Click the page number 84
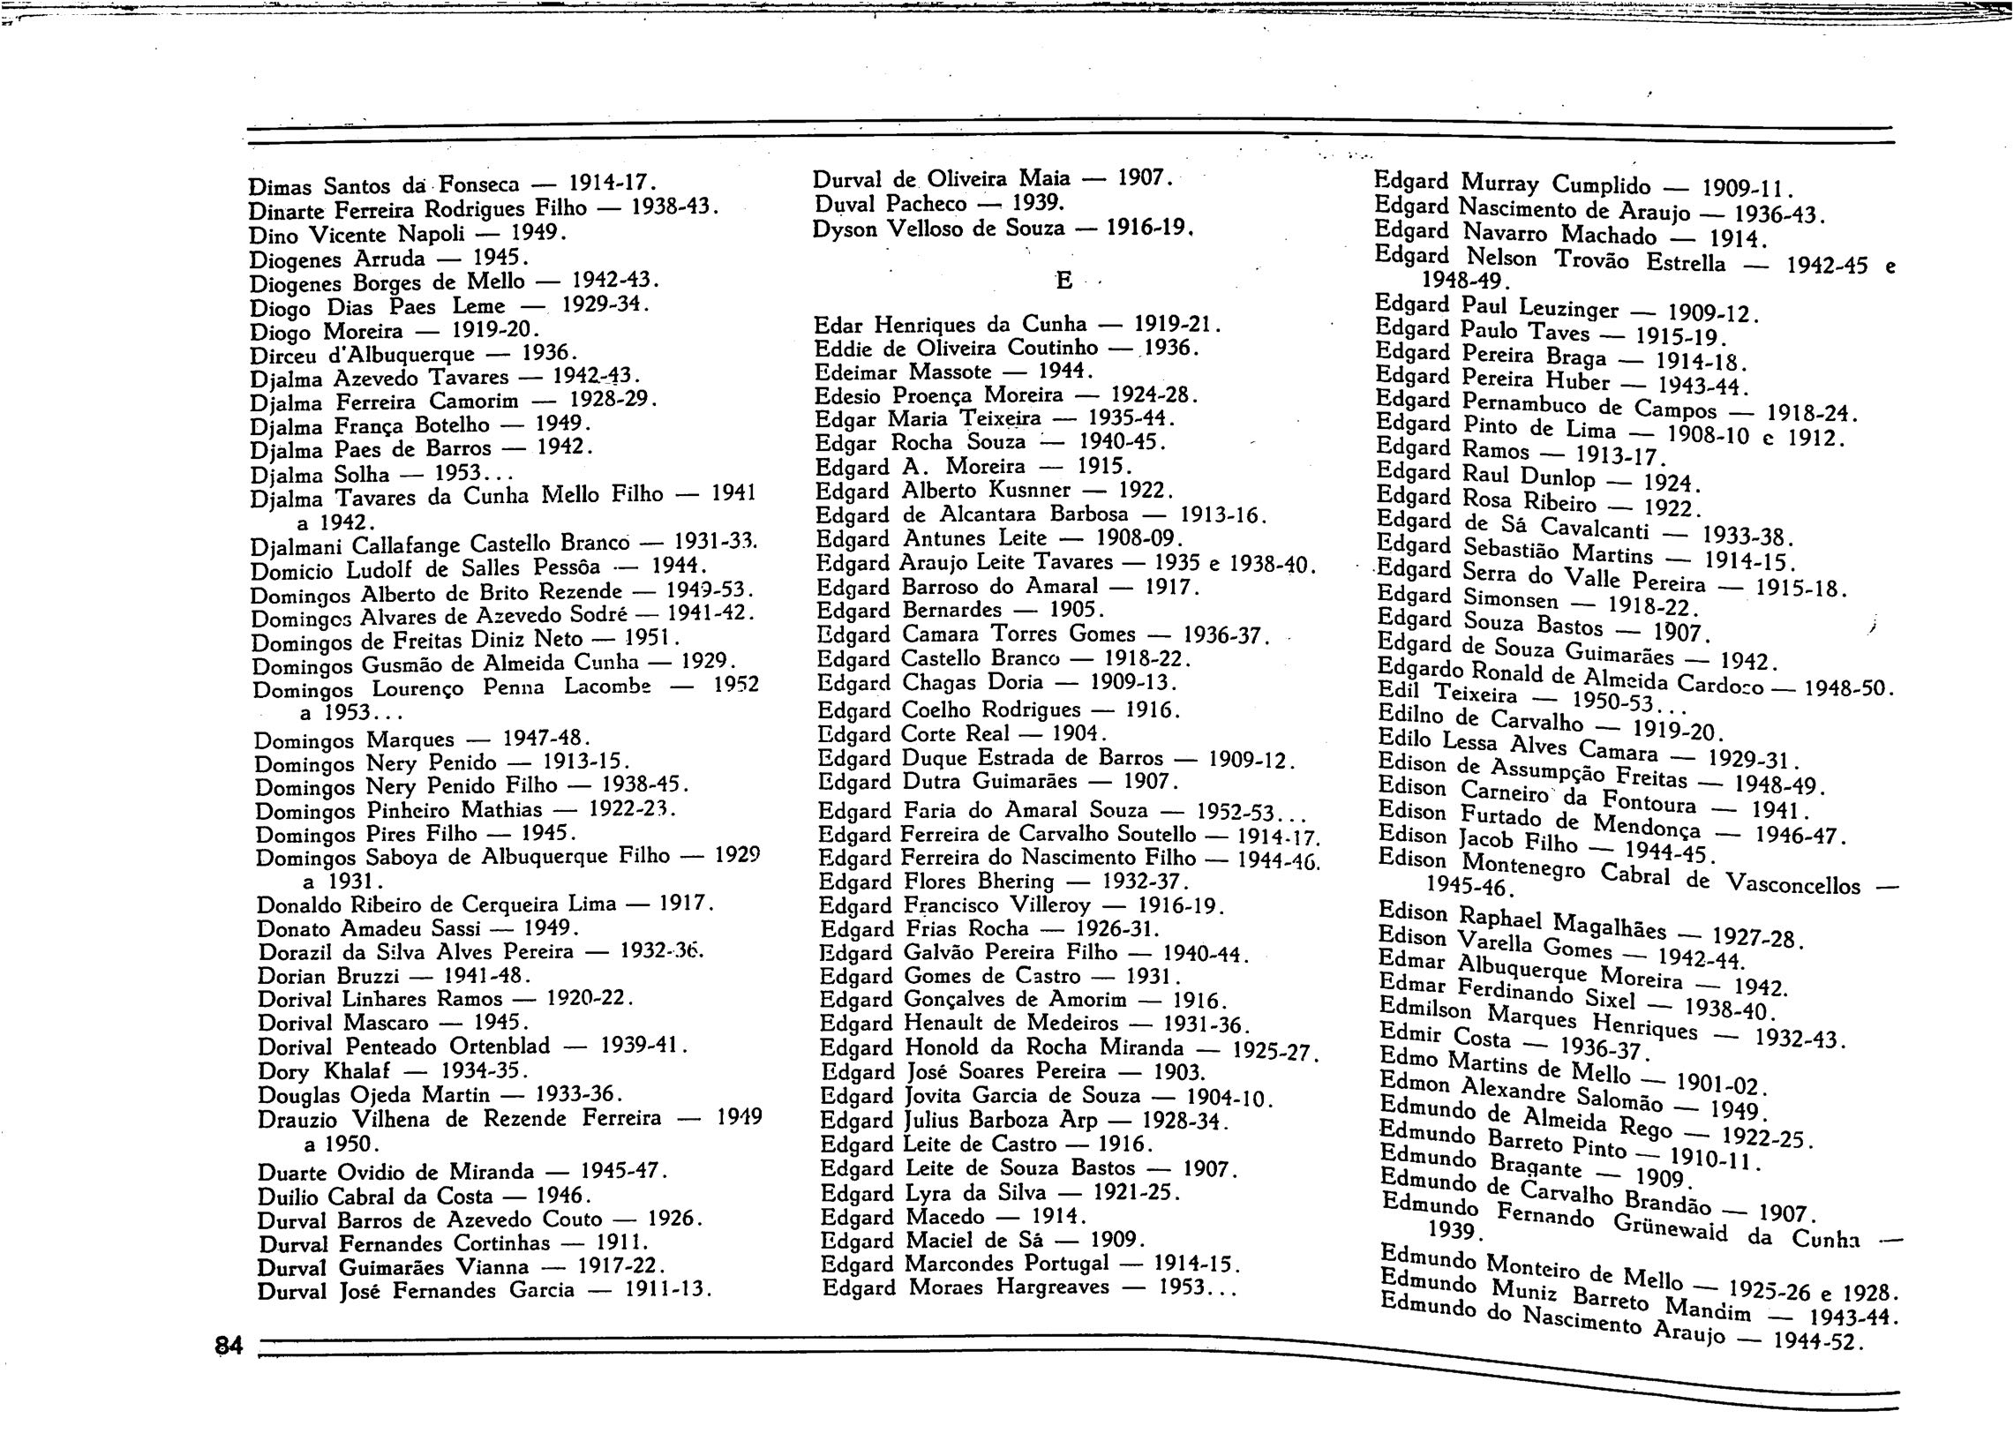coord(229,1345)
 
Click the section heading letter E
coord(1063,281)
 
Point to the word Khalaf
coord(357,1070)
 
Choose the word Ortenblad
coord(499,1047)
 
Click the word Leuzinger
coord(1568,308)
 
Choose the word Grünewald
coord(1671,1228)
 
